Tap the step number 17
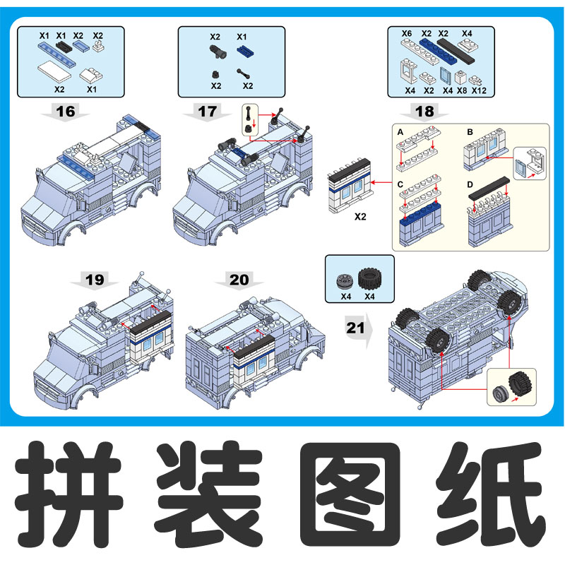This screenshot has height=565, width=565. click(207, 111)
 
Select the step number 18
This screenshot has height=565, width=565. click(425, 111)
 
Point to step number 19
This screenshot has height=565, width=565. click(95, 280)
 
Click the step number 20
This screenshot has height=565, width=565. click(239, 280)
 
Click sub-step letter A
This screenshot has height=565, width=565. click(400, 132)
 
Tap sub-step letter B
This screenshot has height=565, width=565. click(470, 132)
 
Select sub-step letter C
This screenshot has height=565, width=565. click(400, 184)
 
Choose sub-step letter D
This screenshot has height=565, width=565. click(470, 184)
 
